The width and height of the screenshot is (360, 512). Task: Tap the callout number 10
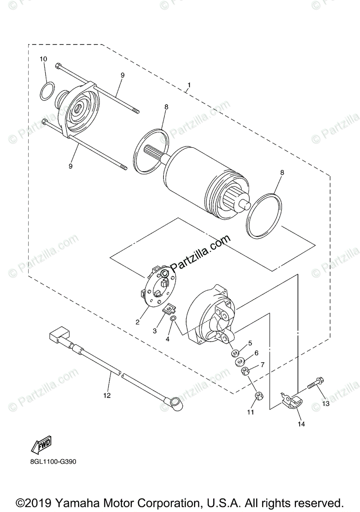pos(44,58)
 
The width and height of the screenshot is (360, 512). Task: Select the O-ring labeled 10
pos(47,90)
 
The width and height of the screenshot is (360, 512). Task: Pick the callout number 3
pos(155,331)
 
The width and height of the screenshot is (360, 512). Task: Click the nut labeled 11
pos(259,397)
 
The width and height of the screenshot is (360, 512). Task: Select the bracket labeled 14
pos(292,402)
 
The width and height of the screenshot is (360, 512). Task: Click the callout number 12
pos(107,396)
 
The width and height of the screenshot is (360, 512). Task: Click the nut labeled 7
pos(246,371)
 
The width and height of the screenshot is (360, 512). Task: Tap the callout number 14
pos(301,424)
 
